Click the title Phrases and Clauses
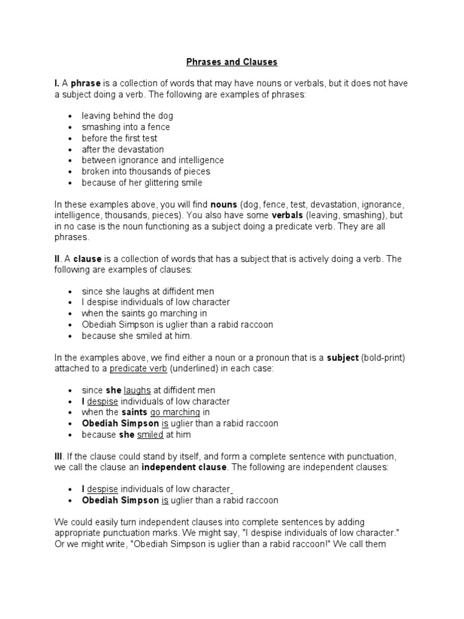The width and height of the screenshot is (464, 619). point(232,62)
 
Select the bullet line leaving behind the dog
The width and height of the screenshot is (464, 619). point(127,116)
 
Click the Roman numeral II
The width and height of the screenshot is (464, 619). point(57,259)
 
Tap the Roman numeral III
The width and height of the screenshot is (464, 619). point(59,456)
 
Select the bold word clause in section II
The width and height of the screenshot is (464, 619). point(88,259)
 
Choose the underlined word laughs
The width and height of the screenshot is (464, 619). point(137,391)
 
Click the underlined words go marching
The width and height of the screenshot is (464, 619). point(175,412)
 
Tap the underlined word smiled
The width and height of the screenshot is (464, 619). point(150,435)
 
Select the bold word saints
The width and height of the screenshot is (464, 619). point(134,412)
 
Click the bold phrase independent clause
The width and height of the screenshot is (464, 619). point(184,467)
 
